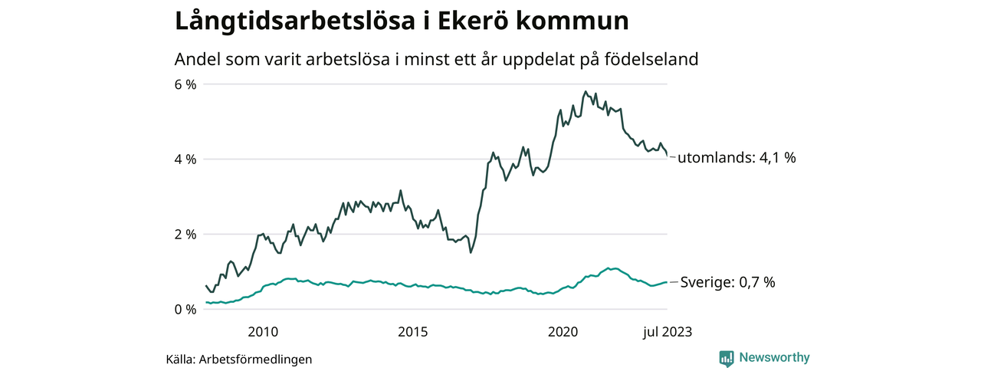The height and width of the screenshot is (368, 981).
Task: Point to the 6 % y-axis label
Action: [186, 84]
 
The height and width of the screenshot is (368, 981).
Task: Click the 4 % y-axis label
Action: [186, 159]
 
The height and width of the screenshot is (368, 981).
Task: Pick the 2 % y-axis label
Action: [186, 235]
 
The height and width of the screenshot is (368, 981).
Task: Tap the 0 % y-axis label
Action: [186, 310]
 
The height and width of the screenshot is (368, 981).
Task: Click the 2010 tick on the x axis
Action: [263, 332]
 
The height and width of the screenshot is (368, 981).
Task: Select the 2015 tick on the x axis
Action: [413, 332]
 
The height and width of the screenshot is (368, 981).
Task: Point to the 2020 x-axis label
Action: [563, 332]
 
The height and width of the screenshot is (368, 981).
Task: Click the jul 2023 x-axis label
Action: [667, 332]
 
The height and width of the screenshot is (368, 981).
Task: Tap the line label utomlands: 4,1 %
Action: [737, 158]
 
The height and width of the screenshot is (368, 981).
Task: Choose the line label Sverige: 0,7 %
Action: [728, 282]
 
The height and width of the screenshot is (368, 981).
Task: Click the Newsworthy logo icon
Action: [727, 358]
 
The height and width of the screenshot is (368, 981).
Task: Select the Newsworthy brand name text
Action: [774, 357]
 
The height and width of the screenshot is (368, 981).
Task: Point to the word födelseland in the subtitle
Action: [653, 59]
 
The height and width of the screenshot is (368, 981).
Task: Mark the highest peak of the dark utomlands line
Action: [586, 92]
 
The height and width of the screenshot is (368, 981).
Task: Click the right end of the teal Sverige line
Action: [667, 282]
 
